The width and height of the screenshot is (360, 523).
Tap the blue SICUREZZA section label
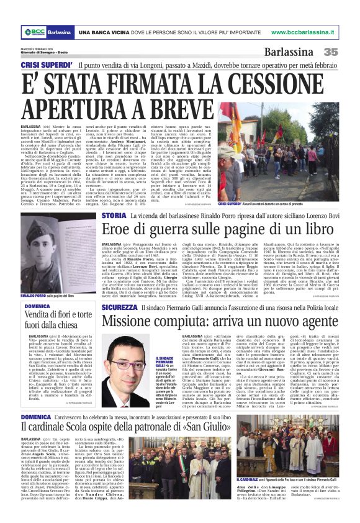[x=119, y=307]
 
